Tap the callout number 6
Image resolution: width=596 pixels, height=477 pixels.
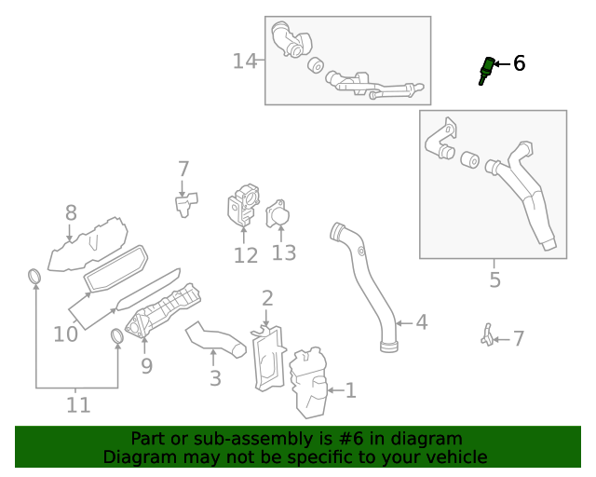pyautogui.click(x=519, y=63)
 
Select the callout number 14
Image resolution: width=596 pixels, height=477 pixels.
pyautogui.click(x=244, y=61)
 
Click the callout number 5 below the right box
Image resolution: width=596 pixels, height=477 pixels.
pyautogui.click(x=494, y=279)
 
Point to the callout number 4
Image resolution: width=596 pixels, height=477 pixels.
pyautogui.click(x=421, y=322)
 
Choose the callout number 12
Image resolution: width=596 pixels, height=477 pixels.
pyautogui.click(x=245, y=255)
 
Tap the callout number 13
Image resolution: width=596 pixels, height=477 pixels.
pyautogui.click(x=283, y=252)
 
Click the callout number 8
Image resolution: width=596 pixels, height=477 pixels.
pyautogui.click(x=71, y=213)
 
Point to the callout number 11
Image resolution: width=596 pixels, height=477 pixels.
pyautogui.click(x=78, y=404)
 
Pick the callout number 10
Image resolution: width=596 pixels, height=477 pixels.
pyautogui.click(x=65, y=333)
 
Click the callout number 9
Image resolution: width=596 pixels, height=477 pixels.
pyautogui.click(x=146, y=365)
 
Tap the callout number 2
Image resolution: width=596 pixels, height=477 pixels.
pyautogui.click(x=267, y=298)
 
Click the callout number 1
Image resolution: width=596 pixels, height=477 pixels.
pyautogui.click(x=350, y=390)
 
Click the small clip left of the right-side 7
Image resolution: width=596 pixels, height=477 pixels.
pyautogui.click(x=485, y=335)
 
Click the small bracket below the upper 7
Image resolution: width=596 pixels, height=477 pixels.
pyautogui.click(x=184, y=203)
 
